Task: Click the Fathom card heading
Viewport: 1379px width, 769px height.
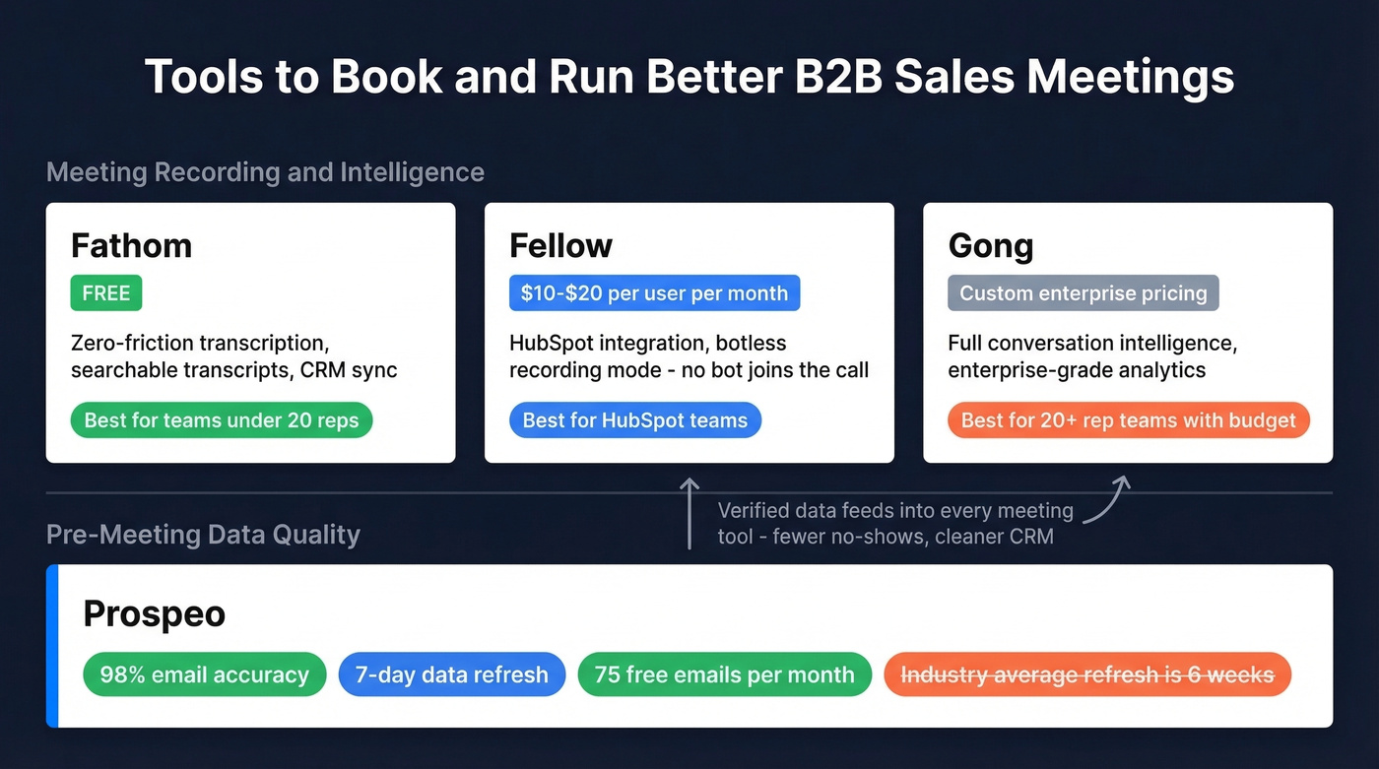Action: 131,245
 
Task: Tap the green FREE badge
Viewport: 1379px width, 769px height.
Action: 106,293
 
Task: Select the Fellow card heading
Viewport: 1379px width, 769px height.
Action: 560,245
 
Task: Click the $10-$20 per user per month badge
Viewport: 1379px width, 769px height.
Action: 654,293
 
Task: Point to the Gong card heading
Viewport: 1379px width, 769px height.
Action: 990,245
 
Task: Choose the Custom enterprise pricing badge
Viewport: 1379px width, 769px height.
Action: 1083,293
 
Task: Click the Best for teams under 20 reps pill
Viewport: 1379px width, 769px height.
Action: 222,420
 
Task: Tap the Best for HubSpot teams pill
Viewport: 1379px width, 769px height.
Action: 634,420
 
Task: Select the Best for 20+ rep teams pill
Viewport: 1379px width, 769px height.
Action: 1128,420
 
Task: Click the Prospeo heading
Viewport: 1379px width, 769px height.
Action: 155,613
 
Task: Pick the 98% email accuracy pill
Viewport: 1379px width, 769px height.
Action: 204,674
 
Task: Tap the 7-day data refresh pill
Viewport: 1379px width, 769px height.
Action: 451,674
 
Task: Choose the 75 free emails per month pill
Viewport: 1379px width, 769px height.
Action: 724,674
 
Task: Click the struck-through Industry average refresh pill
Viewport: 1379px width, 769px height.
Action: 1087,674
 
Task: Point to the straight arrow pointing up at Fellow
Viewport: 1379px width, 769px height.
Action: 689,512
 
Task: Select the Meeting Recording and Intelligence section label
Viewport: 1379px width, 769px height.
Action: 265,172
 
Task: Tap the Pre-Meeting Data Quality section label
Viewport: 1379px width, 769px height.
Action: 203,535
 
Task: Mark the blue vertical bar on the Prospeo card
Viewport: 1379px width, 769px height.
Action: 52,646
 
